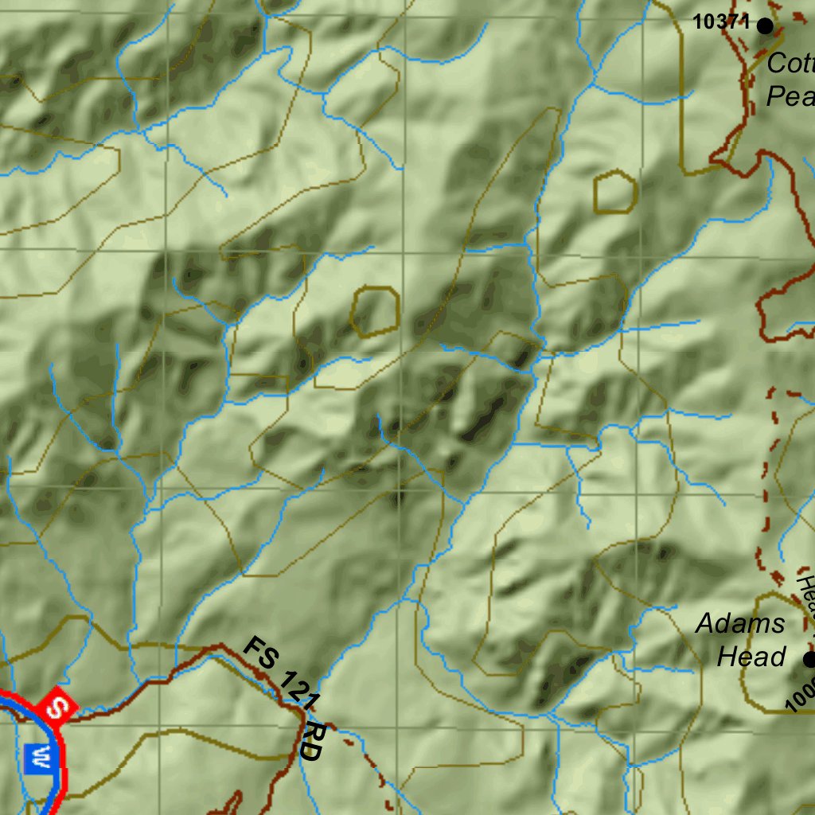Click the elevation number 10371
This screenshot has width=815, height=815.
pyautogui.click(x=721, y=22)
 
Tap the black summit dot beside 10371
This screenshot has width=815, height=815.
pyautogui.click(x=765, y=25)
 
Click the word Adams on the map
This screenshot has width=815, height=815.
pyautogui.click(x=740, y=623)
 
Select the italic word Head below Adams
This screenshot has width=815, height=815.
pyautogui.click(x=752, y=657)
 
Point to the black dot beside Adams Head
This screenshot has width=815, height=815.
pyautogui.click(x=809, y=659)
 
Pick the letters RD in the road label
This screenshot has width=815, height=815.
pyautogui.click(x=313, y=742)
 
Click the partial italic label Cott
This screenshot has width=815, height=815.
pyautogui.click(x=790, y=63)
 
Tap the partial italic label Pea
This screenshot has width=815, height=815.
pyautogui.click(x=790, y=96)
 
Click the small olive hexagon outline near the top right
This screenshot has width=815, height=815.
pyautogui.click(x=615, y=192)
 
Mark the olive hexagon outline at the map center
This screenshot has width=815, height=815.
pyautogui.click(x=375, y=311)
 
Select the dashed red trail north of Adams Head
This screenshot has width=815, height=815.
pyautogui.click(x=765, y=478)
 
